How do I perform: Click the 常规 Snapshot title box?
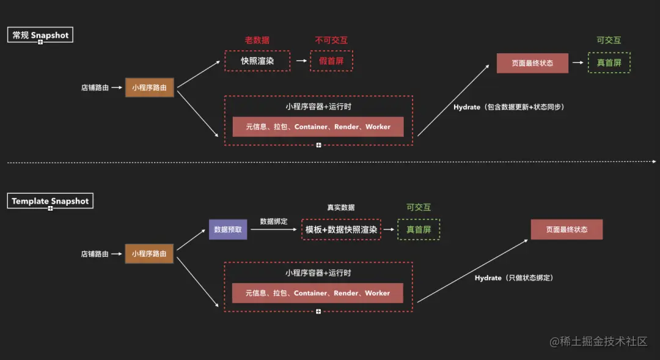coord(40,35)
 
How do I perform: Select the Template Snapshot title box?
coord(50,201)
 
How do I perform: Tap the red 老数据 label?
coord(257,40)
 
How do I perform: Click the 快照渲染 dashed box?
coord(257,61)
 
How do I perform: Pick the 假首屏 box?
coord(331,61)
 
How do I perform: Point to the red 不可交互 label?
coord(331,40)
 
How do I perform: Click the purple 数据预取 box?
coord(228,229)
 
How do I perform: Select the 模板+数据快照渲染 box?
coord(341,229)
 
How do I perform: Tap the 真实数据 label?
coord(340,208)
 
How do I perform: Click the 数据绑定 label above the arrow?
coord(273,221)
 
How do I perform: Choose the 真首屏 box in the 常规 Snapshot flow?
coord(609,62)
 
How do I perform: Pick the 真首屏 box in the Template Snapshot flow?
coord(419,229)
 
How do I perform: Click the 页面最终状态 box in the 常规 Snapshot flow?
coord(532,63)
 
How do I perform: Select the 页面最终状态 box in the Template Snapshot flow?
coord(566,229)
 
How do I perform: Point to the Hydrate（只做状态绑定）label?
coord(514,278)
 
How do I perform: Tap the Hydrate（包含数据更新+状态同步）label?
coord(508,108)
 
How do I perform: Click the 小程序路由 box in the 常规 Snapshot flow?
coord(149,87)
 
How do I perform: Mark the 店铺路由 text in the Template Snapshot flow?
coord(95,254)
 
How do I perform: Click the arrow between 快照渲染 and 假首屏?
coord(300,61)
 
